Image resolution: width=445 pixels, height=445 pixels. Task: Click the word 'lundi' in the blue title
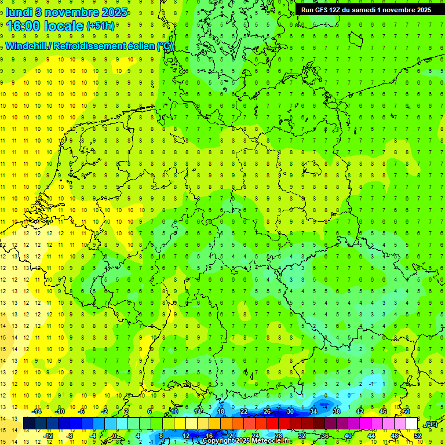(20, 12)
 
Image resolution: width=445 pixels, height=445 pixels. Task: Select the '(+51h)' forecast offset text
(100, 26)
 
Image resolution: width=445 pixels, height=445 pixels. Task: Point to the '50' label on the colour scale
(406, 411)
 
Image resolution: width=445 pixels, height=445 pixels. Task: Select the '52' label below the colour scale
(418, 435)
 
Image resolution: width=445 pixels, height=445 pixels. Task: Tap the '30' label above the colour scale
(290, 411)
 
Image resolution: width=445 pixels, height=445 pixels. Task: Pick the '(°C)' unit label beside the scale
(431, 424)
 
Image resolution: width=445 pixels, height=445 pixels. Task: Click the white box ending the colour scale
(412, 424)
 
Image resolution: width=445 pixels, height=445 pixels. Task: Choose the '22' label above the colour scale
(244, 411)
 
